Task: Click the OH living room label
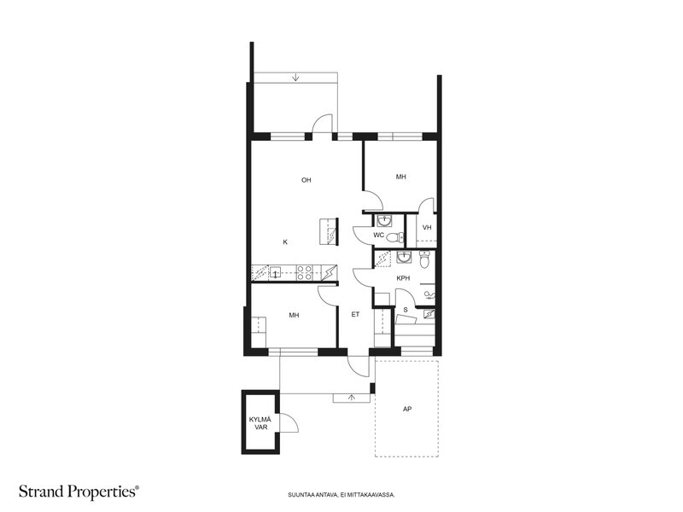click(306, 180)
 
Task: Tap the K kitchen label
click(285, 242)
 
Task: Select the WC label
click(379, 236)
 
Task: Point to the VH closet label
click(427, 227)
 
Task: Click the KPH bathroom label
click(403, 278)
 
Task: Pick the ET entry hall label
click(355, 314)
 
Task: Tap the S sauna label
click(406, 310)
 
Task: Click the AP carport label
click(407, 410)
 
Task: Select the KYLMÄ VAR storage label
click(260, 423)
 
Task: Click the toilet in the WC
click(395, 238)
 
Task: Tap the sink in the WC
click(384, 221)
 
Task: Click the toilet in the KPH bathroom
click(424, 259)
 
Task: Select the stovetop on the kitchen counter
click(304, 273)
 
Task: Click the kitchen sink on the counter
click(275, 273)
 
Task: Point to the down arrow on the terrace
click(296, 78)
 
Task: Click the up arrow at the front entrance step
click(352, 397)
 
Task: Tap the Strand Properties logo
click(79, 492)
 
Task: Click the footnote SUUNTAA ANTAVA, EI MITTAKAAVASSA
click(341, 495)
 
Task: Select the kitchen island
click(330, 231)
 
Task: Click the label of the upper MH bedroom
click(400, 177)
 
